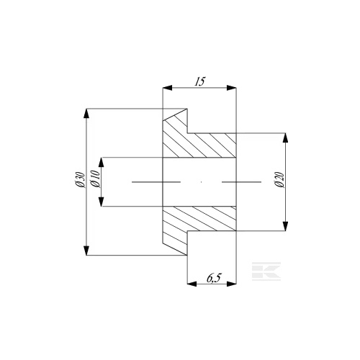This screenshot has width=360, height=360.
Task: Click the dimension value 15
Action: point(199,81)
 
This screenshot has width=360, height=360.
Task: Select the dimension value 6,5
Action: point(213,278)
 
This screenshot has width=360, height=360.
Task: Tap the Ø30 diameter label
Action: point(80,179)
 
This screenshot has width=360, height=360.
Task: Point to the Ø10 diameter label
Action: point(95,179)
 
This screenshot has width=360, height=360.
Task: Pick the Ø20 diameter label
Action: point(280,180)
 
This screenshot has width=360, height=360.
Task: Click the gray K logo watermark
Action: point(266,271)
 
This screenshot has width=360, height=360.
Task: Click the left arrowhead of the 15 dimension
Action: point(168,88)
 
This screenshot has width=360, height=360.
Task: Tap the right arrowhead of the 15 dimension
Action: point(232,88)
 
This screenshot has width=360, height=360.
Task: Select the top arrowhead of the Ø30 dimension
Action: point(87,114)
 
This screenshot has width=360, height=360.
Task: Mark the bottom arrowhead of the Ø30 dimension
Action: point(87,251)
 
